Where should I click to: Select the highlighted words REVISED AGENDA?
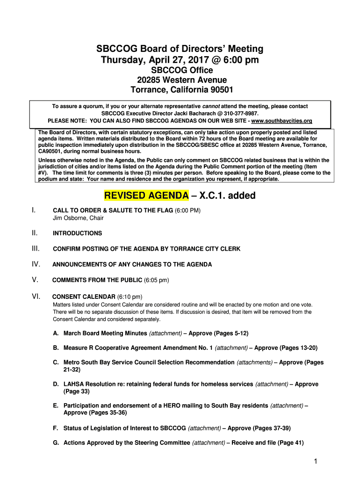click(146, 196)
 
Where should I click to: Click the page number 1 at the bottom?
click(316, 462)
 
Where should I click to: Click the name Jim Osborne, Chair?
click(78, 218)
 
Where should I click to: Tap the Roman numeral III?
click(36, 248)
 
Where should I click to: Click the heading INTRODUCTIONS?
click(77, 233)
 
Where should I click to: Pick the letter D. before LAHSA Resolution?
click(56, 384)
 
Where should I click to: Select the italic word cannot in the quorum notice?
click(211, 106)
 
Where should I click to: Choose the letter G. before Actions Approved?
click(56, 443)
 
